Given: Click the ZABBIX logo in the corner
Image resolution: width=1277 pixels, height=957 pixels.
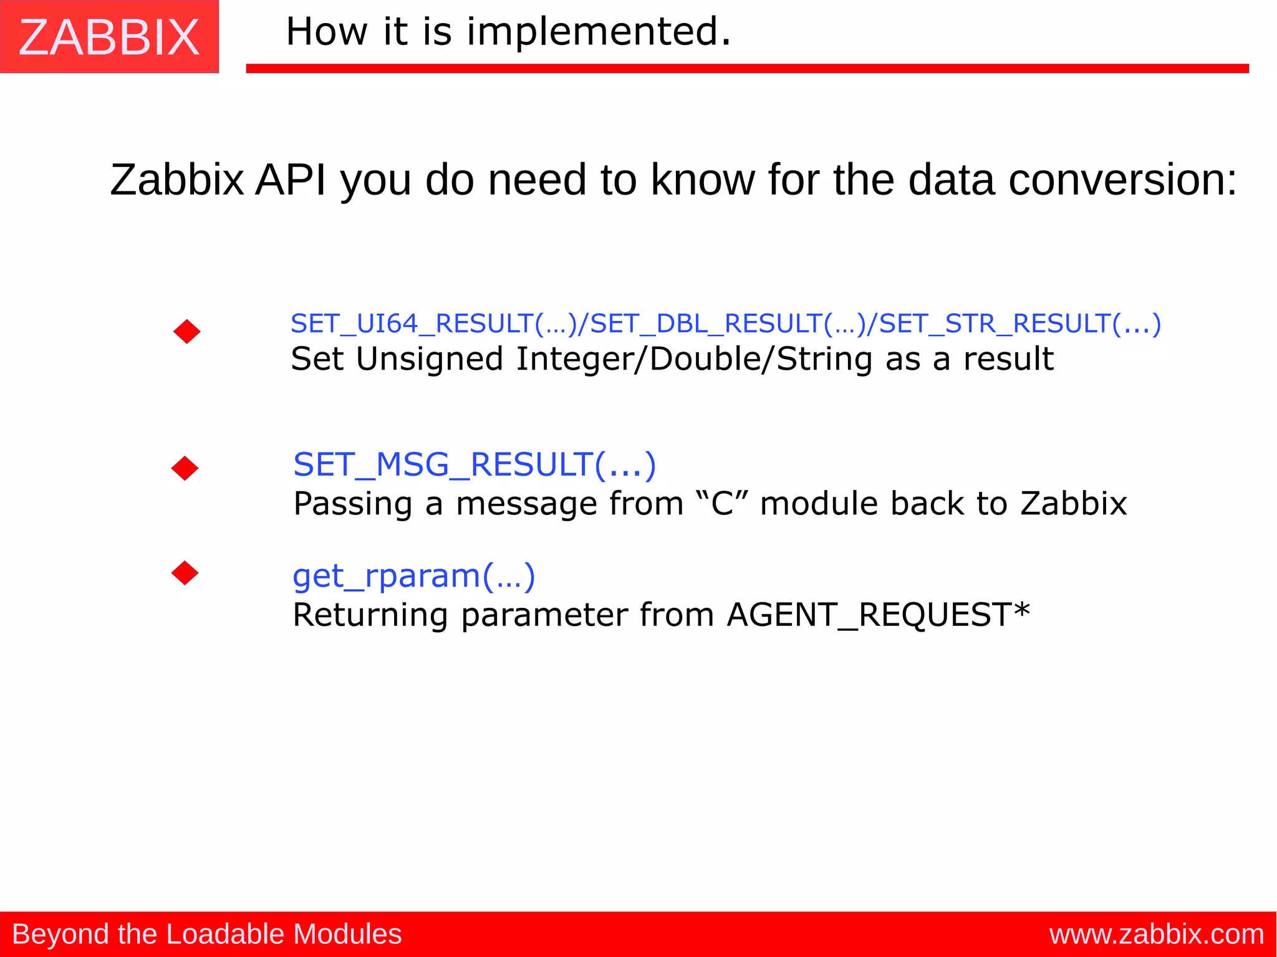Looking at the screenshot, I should (x=109, y=37).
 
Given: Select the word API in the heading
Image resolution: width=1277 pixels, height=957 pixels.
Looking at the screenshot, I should (x=291, y=180).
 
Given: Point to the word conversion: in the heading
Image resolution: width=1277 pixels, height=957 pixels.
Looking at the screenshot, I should (x=1122, y=180).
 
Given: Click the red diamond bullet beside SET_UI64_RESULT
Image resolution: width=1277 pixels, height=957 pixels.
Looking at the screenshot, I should (x=187, y=332).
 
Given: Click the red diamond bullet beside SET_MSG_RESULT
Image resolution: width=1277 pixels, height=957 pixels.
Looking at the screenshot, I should (x=185, y=468).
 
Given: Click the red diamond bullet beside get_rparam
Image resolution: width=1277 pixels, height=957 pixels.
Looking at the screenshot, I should (x=185, y=573).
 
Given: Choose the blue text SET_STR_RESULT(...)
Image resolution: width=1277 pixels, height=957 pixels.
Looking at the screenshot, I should (x=1020, y=324).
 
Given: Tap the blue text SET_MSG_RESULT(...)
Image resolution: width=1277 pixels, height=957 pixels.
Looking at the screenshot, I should (x=475, y=464).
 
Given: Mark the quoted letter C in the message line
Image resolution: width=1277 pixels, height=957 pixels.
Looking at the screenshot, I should (x=722, y=504).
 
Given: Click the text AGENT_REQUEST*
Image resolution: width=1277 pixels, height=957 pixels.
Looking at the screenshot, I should (x=878, y=615).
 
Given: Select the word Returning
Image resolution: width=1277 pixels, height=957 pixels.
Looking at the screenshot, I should (x=370, y=615).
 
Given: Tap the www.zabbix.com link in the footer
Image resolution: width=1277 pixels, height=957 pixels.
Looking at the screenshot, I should (x=1156, y=934).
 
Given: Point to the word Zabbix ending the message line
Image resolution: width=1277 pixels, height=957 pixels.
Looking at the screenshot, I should (x=1073, y=504).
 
